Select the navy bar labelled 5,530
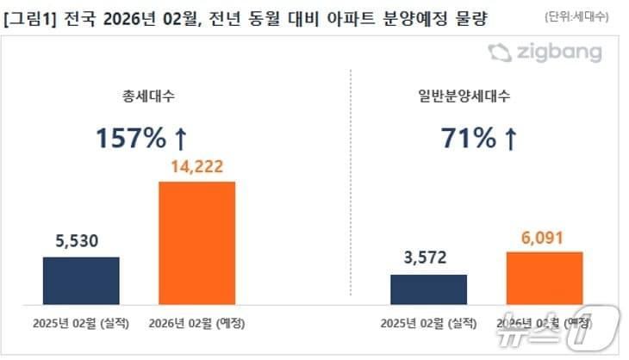coord(81,280)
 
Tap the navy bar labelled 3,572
coord(428,289)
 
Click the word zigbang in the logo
coord(560,53)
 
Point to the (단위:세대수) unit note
coord(576,17)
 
